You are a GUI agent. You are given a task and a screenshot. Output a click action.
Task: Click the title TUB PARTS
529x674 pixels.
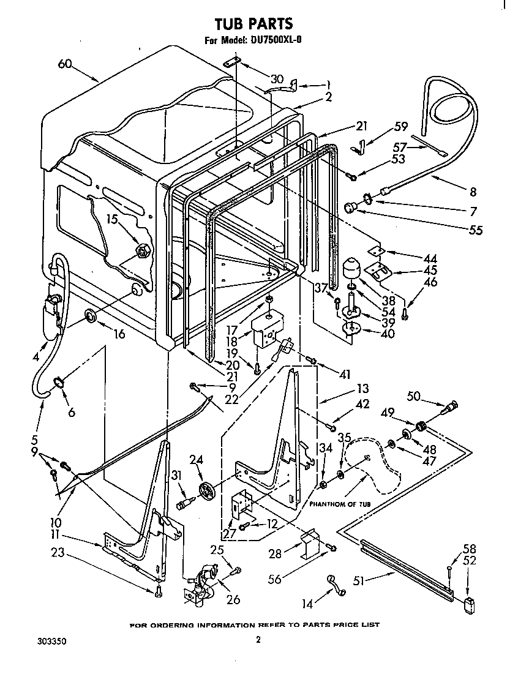click(253, 24)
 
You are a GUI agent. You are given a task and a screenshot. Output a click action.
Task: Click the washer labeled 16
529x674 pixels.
click(90, 316)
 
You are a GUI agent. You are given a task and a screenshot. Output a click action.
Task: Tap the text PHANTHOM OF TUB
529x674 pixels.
click(340, 503)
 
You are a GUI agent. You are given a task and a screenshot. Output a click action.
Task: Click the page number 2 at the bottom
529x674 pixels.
click(258, 640)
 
